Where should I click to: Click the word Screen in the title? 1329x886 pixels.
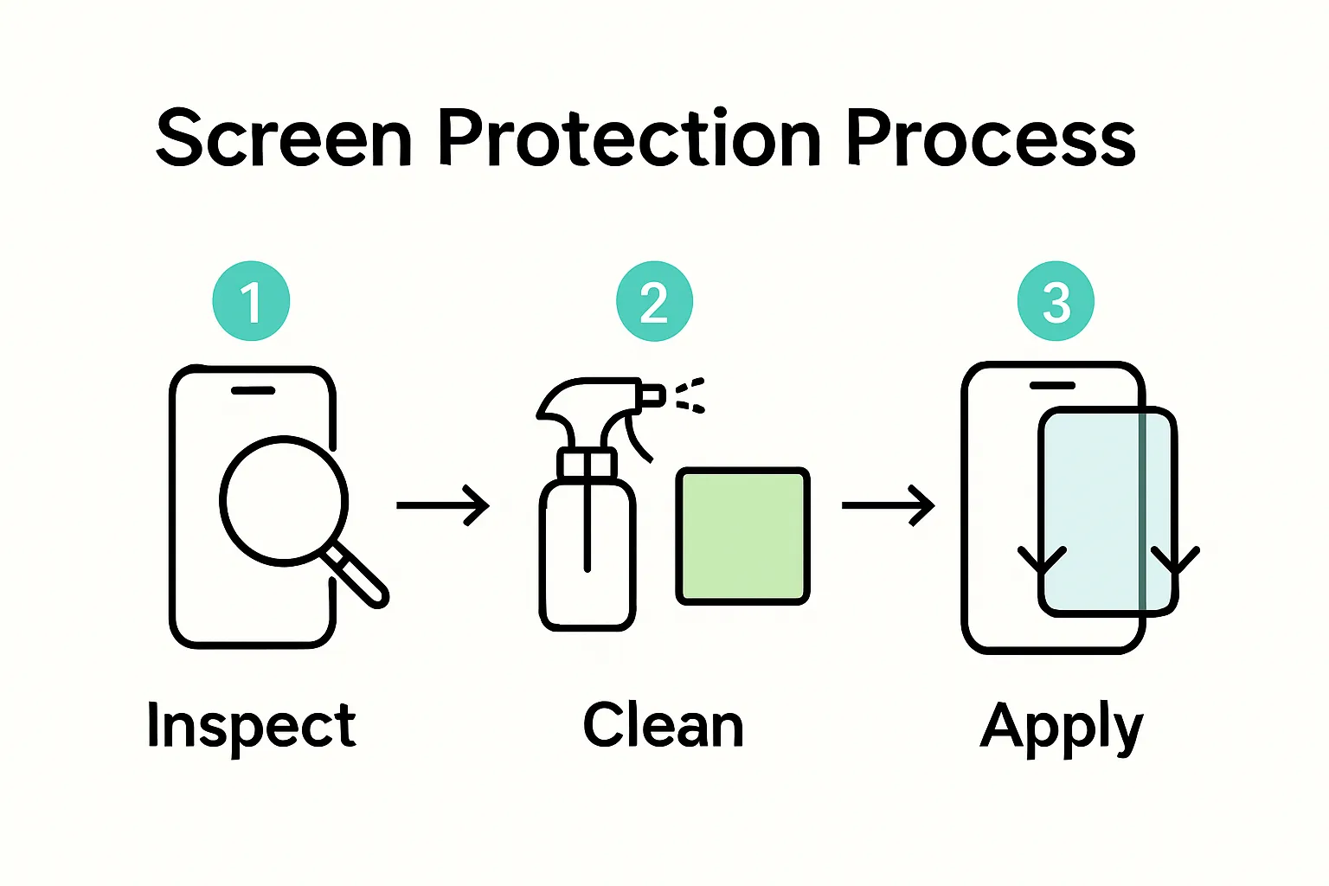[x=283, y=138]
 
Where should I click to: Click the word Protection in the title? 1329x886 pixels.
[x=629, y=138]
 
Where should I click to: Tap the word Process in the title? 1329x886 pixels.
[x=990, y=138]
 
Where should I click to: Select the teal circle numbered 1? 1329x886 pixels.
[x=251, y=301]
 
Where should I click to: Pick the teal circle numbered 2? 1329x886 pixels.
[x=654, y=301]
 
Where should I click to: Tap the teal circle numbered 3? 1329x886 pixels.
[x=1056, y=301]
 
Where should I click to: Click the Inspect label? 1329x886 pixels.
[x=251, y=725]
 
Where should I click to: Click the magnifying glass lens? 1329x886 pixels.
[x=283, y=501]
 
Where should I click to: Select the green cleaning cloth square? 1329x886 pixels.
[x=742, y=536]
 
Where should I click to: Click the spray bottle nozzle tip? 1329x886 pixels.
[x=654, y=396]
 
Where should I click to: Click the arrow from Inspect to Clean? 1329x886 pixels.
[x=443, y=504]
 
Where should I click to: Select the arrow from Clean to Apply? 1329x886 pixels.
[x=888, y=504]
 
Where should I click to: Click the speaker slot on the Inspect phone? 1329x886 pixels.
[x=253, y=390]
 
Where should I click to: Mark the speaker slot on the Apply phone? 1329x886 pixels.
[x=1051, y=385]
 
